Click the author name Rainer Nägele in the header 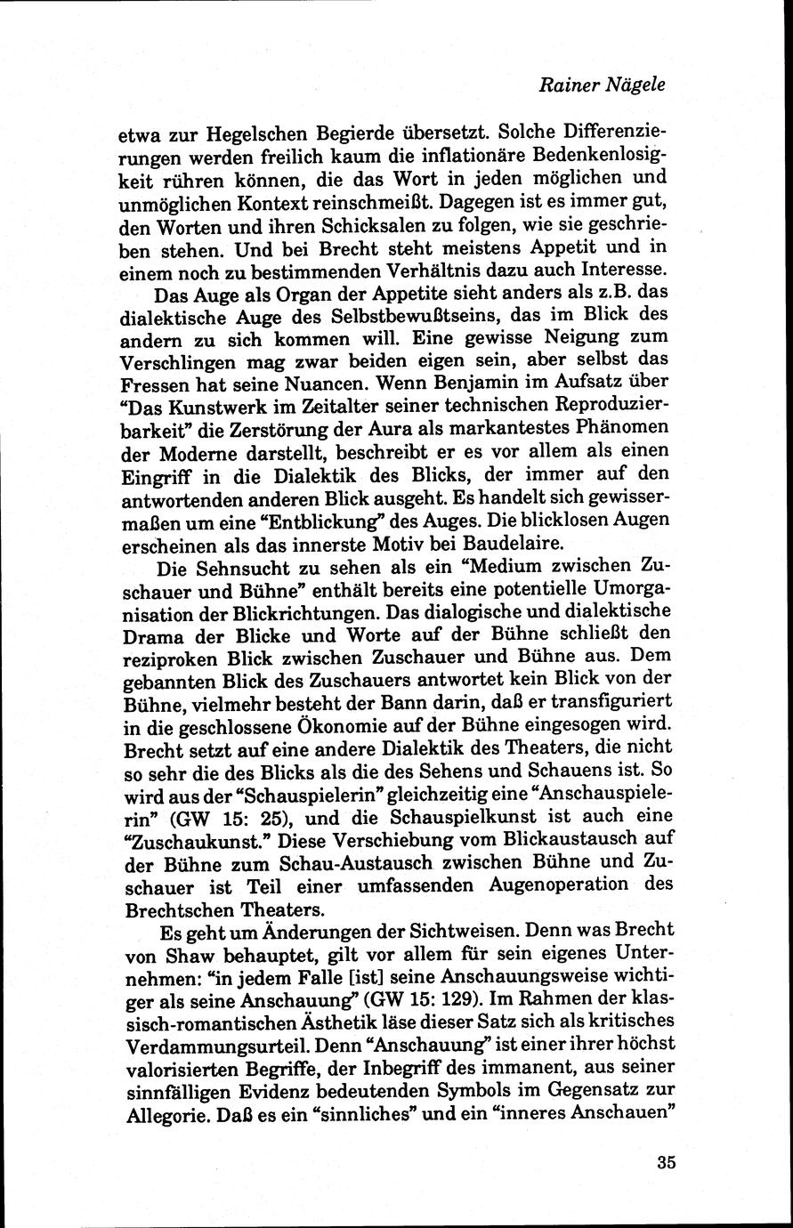[x=602, y=85]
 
